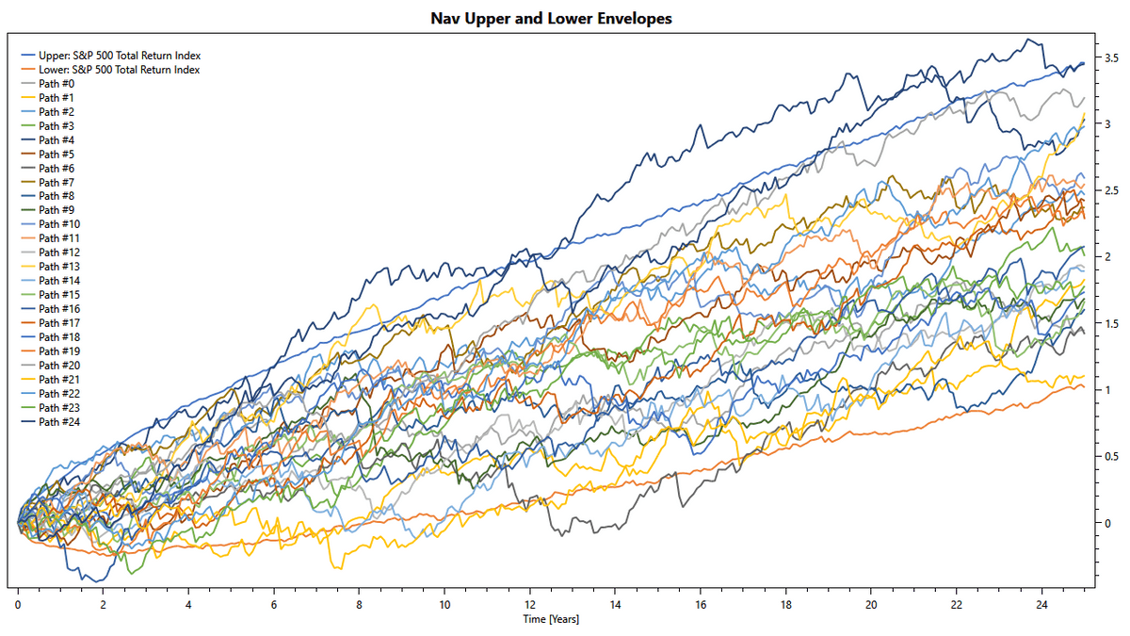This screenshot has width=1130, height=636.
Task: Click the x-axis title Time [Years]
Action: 552,619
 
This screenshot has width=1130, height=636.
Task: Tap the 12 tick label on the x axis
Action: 530,604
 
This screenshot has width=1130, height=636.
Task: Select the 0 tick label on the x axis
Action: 18,604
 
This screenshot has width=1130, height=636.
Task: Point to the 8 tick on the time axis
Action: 359,604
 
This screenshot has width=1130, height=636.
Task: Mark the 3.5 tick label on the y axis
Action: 1112,58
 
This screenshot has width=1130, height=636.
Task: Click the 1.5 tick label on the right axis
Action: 1112,323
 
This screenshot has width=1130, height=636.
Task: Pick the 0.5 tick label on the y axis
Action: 1112,456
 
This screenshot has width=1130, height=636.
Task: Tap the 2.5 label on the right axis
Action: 1112,191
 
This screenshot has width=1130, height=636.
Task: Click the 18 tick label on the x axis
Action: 785,604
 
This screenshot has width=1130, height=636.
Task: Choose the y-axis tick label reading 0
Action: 1107,522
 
